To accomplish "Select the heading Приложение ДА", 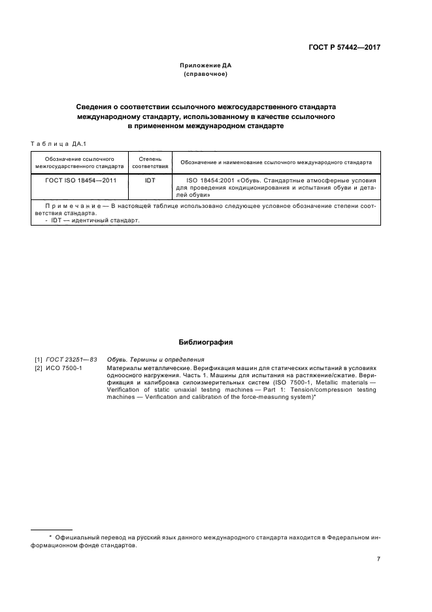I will coord(206,66).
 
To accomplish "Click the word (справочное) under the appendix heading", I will coord(206,75).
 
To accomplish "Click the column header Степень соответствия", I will coord(150,162).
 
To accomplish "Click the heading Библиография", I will coord(206,342).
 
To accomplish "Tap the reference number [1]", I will coord(39,360).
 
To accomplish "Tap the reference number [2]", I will coord(39,368).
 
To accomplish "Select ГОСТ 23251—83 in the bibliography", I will coord(72,360).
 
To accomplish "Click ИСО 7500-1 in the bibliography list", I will coord(65,368).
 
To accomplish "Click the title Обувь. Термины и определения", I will coord(156,360).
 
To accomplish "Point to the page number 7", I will coord(378,559).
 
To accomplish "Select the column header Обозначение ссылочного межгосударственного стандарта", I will coord(80,162).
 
